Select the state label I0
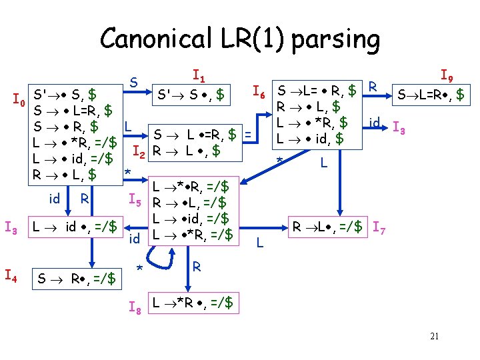click(19, 102)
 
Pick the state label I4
click(11, 273)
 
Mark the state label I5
click(135, 198)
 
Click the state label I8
click(135, 307)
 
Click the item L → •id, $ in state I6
click(310, 139)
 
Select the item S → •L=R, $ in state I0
click(73, 109)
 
